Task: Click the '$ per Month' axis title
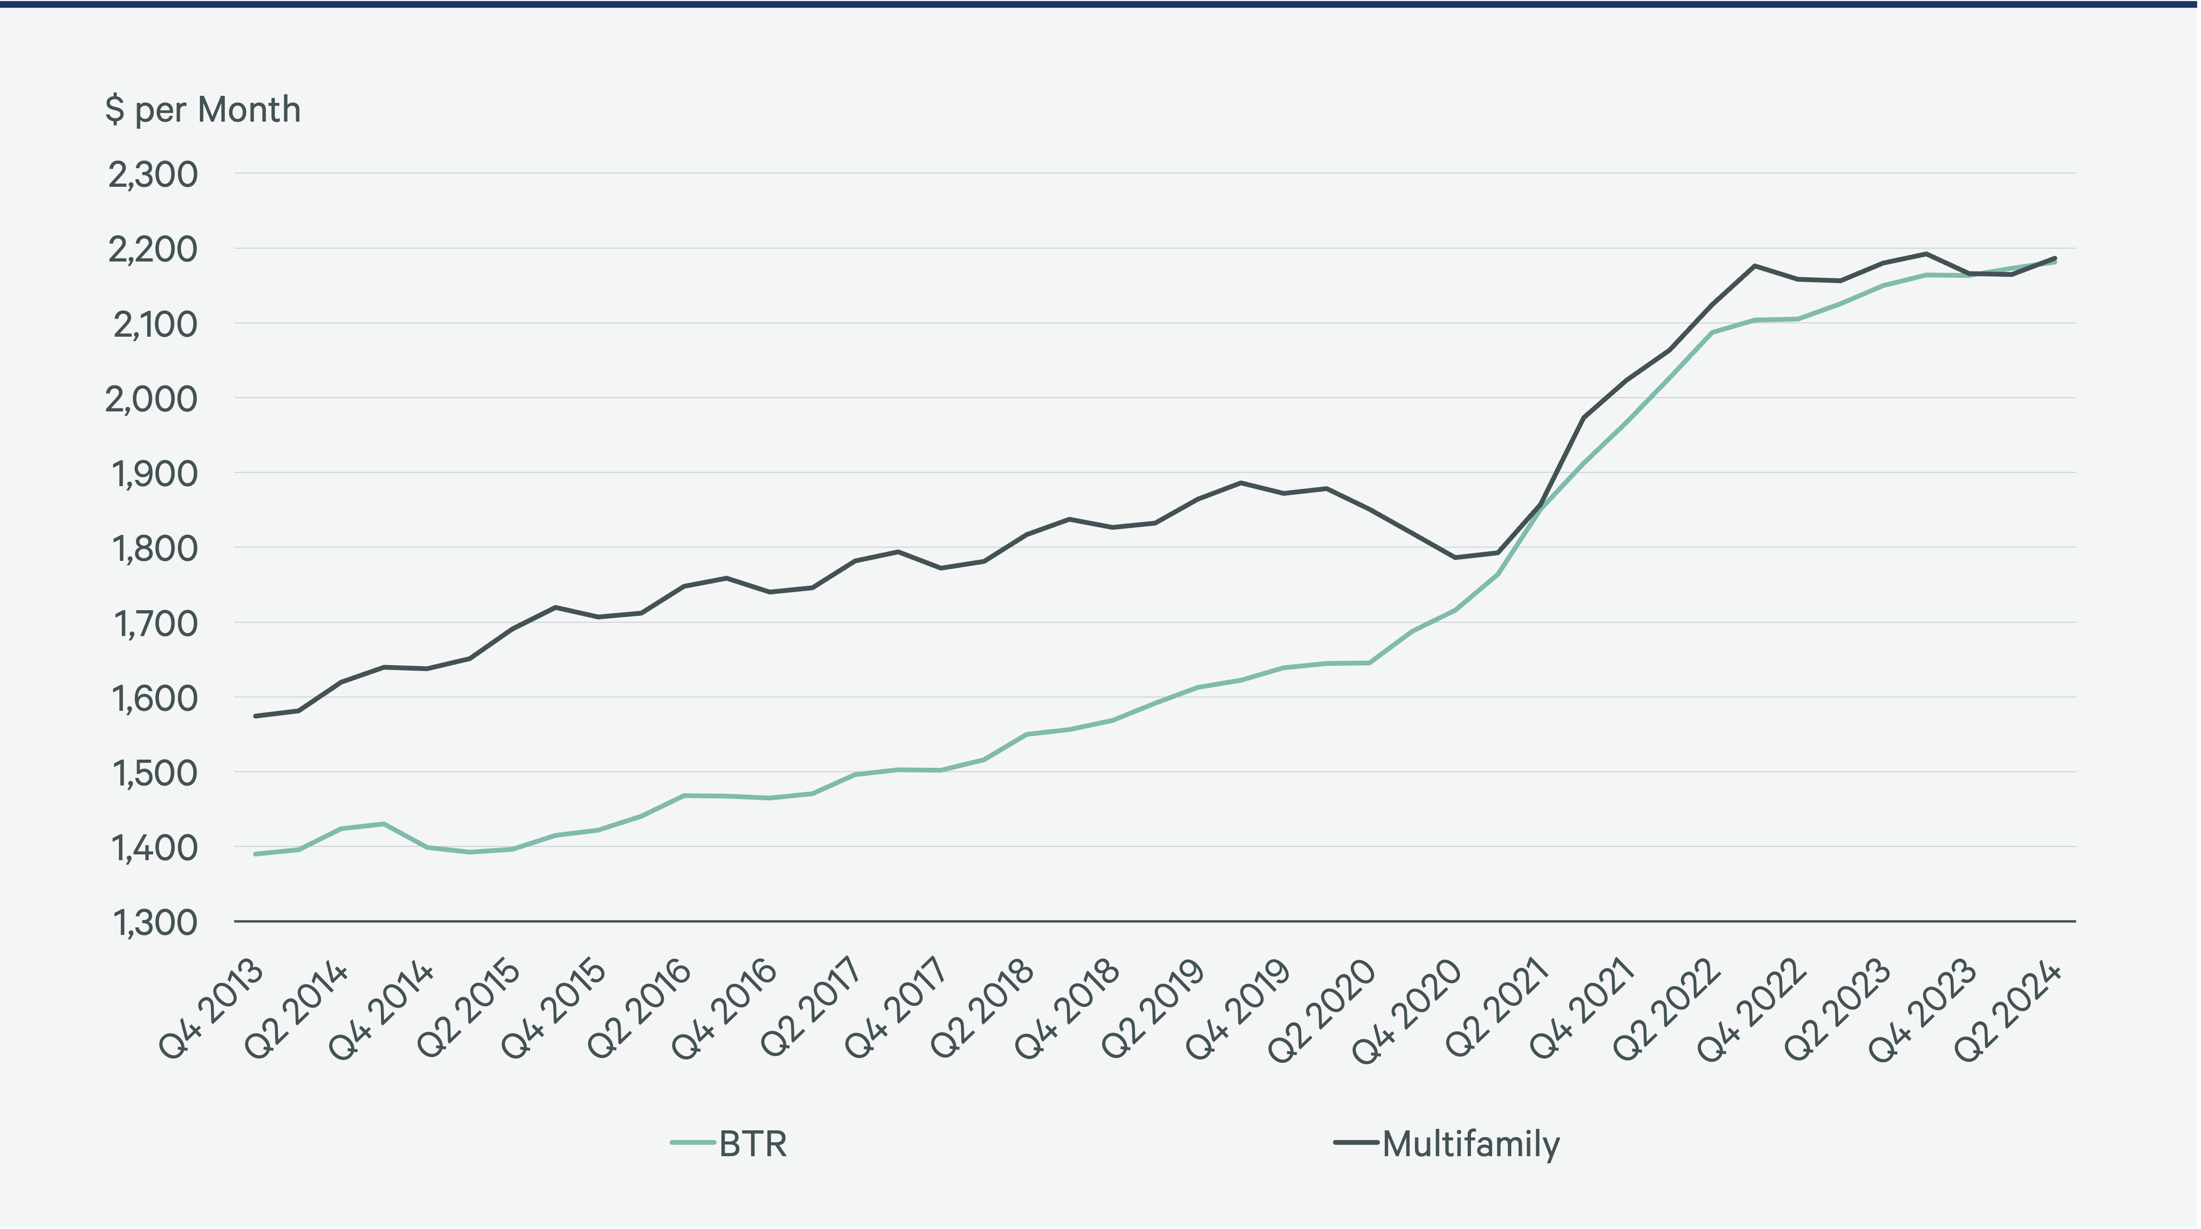pos(202,110)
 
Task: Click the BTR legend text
pos(753,1144)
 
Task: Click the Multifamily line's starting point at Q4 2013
pos(255,716)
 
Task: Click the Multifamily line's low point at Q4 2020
pos(1455,558)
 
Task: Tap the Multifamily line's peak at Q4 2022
pos(1755,266)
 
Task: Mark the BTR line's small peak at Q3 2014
pos(383,824)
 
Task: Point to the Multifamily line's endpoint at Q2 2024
pos(2055,258)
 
